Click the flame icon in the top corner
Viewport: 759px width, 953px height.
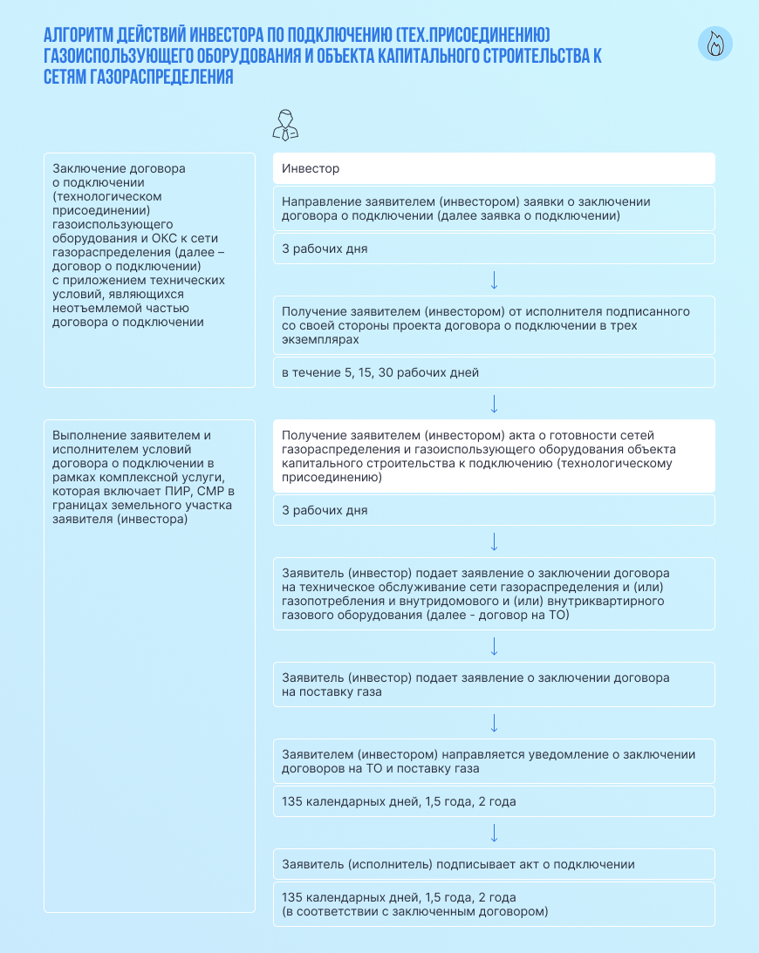[x=715, y=44]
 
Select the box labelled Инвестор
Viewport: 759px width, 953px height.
[x=494, y=168]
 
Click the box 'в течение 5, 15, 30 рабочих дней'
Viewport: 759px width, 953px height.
[x=494, y=372]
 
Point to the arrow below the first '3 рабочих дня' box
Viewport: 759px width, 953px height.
[x=494, y=280]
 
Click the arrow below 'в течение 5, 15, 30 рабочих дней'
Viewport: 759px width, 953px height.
[x=494, y=404]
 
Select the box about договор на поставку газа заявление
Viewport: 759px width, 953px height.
[x=494, y=684]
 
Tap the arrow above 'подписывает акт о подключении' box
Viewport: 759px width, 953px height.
[x=494, y=833]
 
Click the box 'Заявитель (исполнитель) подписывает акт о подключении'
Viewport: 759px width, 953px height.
[x=494, y=864]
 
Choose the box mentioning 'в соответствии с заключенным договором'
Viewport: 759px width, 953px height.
[x=494, y=904]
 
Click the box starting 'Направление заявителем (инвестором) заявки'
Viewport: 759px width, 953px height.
[x=494, y=208]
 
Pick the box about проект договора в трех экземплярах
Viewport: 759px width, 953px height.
[x=494, y=325]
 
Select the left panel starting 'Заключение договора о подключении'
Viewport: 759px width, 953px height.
[x=149, y=270]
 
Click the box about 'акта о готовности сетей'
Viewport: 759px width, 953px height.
[x=494, y=456]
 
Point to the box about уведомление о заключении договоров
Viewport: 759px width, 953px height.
[x=494, y=761]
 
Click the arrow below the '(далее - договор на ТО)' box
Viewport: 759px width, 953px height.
[x=494, y=646]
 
